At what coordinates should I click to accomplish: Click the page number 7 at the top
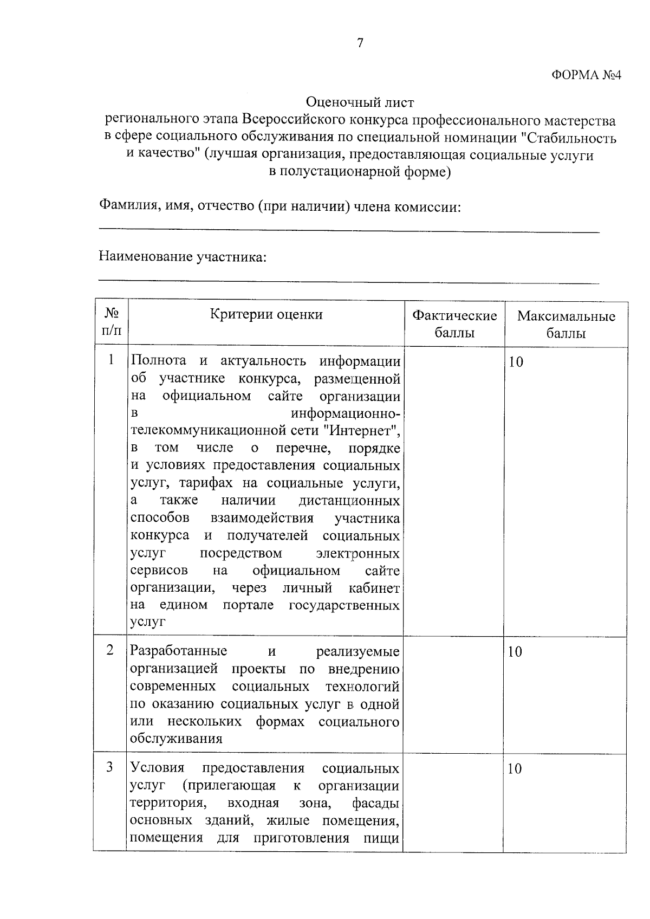(360, 43)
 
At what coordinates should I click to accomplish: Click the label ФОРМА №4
(586, 75)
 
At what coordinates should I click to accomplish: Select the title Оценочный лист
(360, 102)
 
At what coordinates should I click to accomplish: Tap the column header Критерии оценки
(266, 315)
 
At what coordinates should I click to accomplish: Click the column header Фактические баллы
(454, 324)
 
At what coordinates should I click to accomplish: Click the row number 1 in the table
(111, 360)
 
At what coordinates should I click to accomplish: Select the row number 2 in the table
(110, 650)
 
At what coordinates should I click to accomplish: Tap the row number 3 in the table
(110, 768)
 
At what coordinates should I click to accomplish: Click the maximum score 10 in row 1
(516, 362)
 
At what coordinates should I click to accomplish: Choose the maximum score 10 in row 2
(515, 652)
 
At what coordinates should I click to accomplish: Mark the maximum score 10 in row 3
(515, 769)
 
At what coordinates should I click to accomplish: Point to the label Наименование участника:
(183, 256)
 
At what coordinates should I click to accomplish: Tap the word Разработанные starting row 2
(179, 651)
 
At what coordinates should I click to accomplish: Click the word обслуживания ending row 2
(176, 739)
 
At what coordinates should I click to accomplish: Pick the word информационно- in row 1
(346, 414)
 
